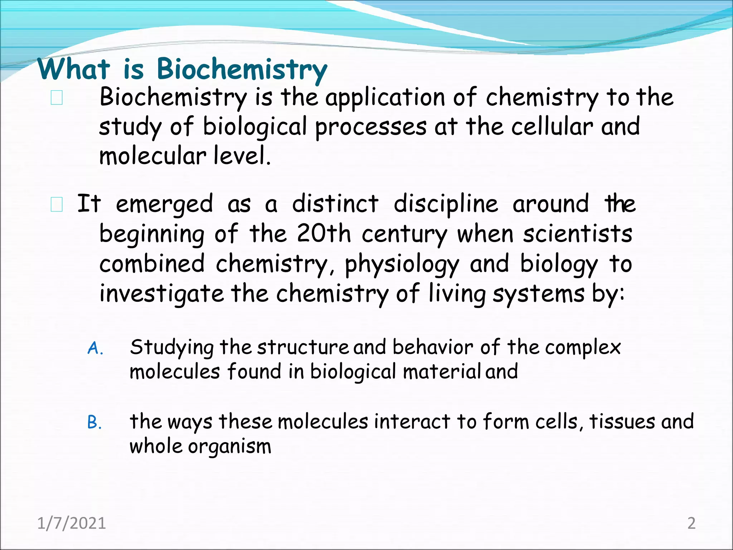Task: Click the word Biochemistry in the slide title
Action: (x=242, y=69)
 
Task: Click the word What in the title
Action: (x=74, y=69)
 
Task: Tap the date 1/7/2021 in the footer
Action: (x=72, y=523)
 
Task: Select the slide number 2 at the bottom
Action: (x=691, y=523)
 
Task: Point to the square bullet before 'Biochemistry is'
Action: (x=57, y=98)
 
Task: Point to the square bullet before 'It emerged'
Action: (x=57, y=205)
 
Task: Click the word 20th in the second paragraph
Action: (x=324, y=234)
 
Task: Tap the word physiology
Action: (x=402, y=265)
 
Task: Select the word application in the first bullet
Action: (x=384, y=98)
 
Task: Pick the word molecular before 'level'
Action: (x=152, y=156)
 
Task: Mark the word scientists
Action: (x=577, y=234)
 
